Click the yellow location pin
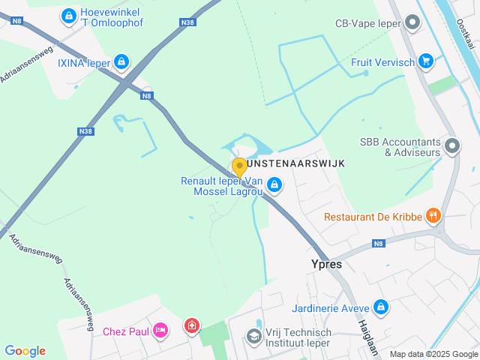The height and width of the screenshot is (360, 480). (x=239, y=167)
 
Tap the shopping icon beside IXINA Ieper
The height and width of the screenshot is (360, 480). (x=122, y=62)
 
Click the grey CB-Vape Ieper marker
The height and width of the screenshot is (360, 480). (x=412, y=22)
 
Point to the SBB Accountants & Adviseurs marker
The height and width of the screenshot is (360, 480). (x=451, y=145)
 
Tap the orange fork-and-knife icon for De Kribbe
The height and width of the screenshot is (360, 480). (x=433, y=217)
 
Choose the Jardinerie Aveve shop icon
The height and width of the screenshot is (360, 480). (x=381, y=307)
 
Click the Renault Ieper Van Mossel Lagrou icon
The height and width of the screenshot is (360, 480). (x=274, y=184)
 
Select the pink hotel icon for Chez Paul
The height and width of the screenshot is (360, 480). (x=160, y=330)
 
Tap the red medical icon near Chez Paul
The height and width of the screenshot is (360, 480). (x=192, y=326)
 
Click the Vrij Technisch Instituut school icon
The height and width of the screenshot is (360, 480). (x=253, y=335)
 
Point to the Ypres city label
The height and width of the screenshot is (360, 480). (x=326, y=264)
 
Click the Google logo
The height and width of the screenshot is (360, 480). (x=25, y=350)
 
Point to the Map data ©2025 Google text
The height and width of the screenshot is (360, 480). (x=433, y=354)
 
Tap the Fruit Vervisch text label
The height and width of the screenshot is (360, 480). (x=382, y=62)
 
